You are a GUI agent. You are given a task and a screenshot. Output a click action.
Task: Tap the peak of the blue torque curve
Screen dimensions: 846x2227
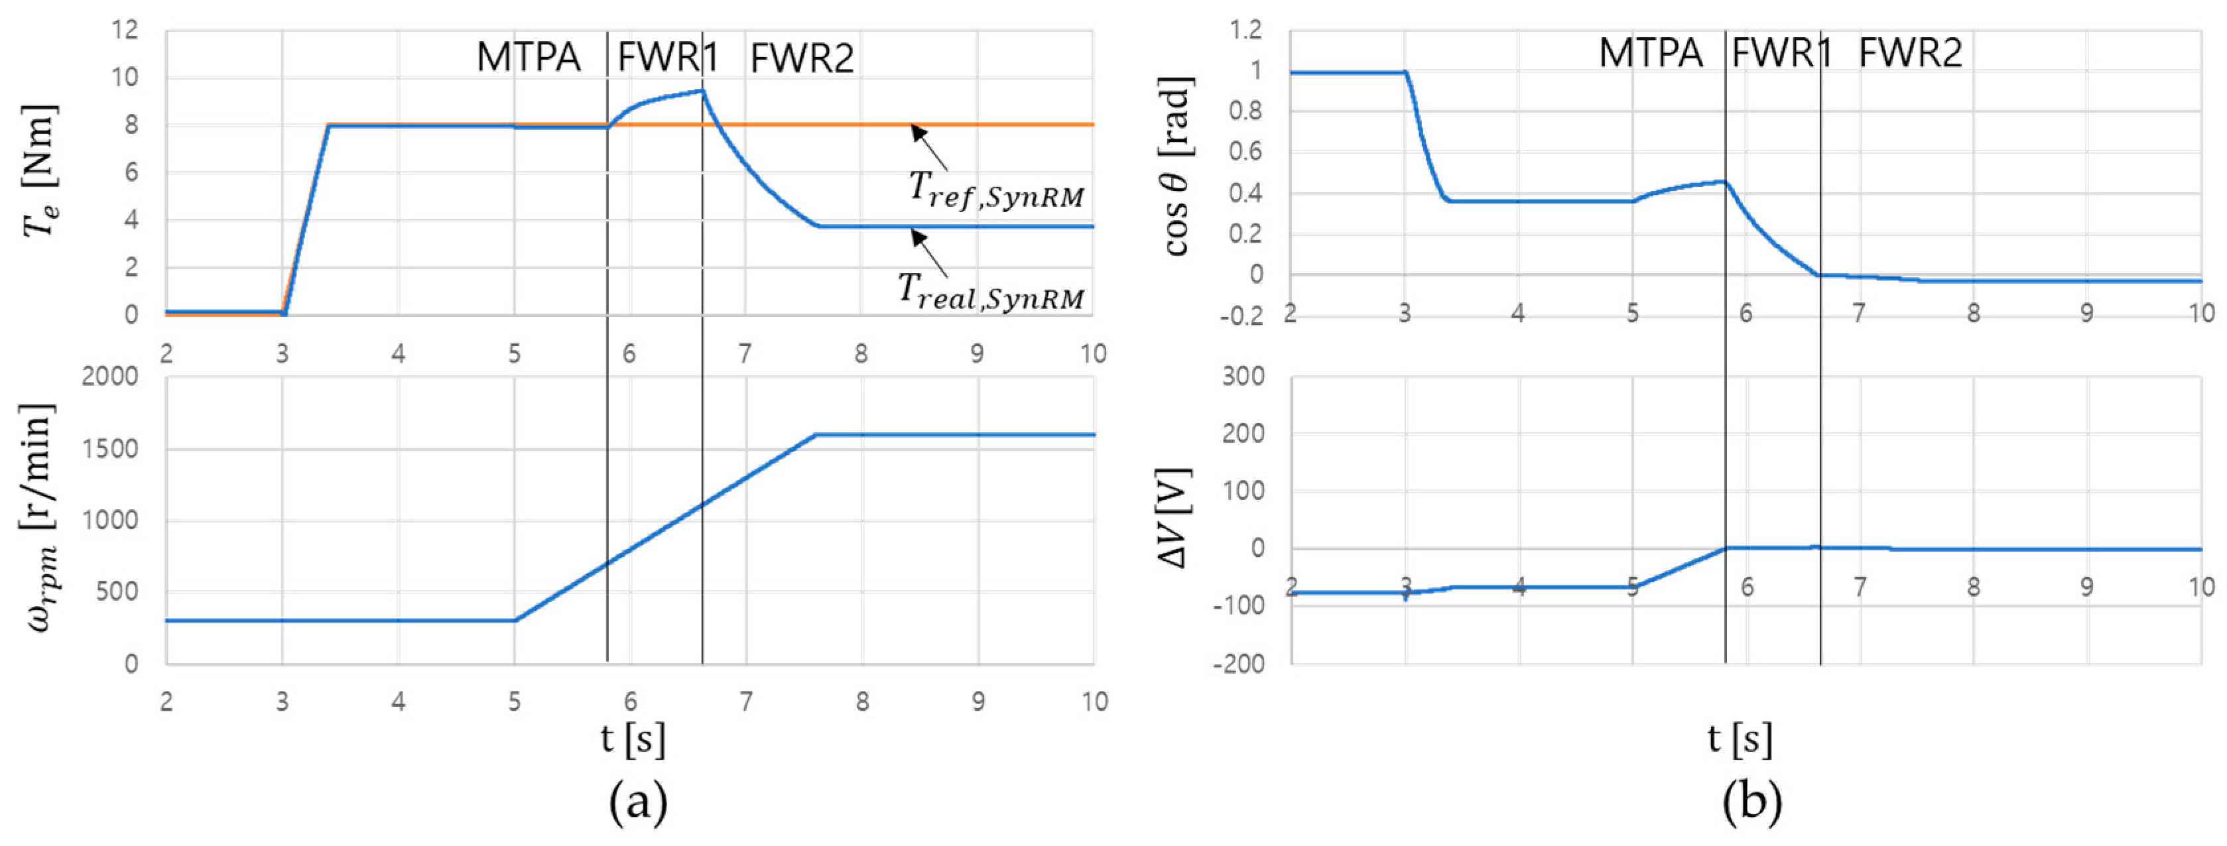pyautogui.click(x=703, y=90)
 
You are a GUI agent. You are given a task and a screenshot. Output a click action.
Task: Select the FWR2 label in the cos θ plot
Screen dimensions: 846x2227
pyautogui.click(x=1910, y=54)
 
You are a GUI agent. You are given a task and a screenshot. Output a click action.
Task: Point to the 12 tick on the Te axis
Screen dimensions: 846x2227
pyautogui.click(x=125, y=30)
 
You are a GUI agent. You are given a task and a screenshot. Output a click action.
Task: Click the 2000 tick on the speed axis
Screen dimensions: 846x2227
pyautogui.click(x=110, y=377)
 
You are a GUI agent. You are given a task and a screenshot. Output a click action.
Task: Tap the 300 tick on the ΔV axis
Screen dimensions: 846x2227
pyautogui.click(x=1244, y=377)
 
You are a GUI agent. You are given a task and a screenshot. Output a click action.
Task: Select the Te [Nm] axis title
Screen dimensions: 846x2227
pyautogui.click(x=40, y=171)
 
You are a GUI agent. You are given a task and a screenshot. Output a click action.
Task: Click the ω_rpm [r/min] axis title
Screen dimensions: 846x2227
pyautogui.click(x=40, y=518)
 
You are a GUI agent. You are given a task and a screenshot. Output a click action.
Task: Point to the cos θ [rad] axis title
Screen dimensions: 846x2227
pyautogui.click(x=1177, y=166)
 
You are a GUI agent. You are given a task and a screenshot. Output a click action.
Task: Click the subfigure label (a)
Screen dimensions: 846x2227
pyautogui.click(x=638, y=803)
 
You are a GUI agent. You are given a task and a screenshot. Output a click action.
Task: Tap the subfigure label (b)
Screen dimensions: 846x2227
pyautogui.click(x=1751, y=803)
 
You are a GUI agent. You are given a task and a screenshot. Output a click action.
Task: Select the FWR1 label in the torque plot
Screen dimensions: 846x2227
pyautogui.click(x=667, y=58)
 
